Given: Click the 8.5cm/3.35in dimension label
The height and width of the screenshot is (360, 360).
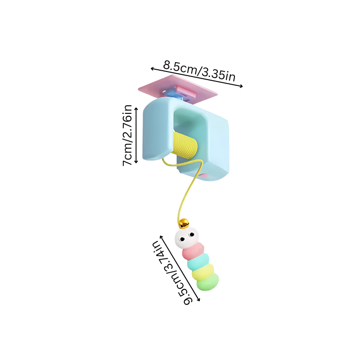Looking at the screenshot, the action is (199, 71).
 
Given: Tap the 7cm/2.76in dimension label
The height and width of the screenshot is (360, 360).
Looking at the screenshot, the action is (127, 135).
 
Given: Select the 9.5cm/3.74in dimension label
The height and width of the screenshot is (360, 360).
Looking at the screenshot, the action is (171, 273).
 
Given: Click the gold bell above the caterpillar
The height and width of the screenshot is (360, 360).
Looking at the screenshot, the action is (184, 223).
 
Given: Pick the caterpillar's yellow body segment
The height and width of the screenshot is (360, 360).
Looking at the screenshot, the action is (203, 272).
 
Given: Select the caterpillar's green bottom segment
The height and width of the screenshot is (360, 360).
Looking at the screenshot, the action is (208, 282).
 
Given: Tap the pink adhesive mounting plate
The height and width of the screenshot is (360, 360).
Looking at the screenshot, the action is (177, 89).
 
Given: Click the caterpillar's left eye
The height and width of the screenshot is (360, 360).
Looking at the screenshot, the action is (182, 239).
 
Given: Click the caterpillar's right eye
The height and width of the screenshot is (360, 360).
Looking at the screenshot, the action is (191, 234).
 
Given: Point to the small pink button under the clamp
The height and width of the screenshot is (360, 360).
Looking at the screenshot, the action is (203, 176).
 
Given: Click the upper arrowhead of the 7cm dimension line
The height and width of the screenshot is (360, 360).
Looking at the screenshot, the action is (136, 108).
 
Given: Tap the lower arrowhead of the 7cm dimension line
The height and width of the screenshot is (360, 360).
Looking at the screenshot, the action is (136, 162).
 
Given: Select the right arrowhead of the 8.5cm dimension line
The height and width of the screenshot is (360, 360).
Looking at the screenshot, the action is (241, 86).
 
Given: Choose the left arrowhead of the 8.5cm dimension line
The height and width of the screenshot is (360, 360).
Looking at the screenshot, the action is (152, 68).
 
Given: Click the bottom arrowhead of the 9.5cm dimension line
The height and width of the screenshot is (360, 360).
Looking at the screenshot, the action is (199, 299).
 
